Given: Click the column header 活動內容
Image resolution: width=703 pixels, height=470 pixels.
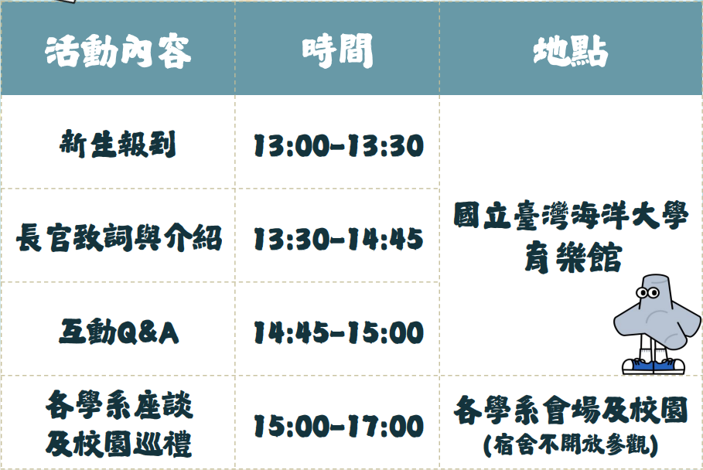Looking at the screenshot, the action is pyautogui.click(x=118, y=51).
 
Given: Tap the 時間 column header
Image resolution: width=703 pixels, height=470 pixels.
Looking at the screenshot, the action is pyautogui.click(x=337, y=51).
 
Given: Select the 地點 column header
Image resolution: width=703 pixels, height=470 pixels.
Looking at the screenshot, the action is pyautogui.click(x=570, y=51).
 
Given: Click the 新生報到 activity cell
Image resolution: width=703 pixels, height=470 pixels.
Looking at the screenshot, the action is pyautogui.click(x=118, y=145).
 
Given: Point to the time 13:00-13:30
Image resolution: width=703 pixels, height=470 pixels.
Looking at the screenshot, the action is pyautogui.click(x=339, y=145).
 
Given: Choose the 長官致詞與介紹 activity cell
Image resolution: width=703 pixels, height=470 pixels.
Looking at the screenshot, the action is pyautogui.click(x=119, y=238).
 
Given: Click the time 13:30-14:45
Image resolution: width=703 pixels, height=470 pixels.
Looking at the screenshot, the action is pyautogui.click(x=339, y=239).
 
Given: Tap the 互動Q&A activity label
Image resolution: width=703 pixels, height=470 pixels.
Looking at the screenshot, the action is pyautogui.click(x=119, y=332).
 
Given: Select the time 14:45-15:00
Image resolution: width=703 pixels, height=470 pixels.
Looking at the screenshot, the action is pyautogui.click(x=339, y=332).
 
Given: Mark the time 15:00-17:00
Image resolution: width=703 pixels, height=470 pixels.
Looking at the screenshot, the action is pyautogui.click(x=339, y=426).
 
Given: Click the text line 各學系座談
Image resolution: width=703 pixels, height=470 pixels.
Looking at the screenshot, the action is pyautogui.click(x=119, y=404).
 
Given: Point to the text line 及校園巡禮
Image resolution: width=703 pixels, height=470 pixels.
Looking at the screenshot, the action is pyautogui.click(x=119, y=444).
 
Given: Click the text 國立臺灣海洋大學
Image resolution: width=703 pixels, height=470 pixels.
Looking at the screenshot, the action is pyautogui.click(x=570, y=216).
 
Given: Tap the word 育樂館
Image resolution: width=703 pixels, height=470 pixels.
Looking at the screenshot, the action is pyautogui.click(x=573, y=257).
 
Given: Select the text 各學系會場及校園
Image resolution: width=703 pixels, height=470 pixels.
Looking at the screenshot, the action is pyautogui.click(x=570, y=410).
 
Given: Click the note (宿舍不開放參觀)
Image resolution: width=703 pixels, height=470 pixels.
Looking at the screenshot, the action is pyautogui.click(x=570, y=445).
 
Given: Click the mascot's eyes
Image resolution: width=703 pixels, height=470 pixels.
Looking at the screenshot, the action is pyautogui.click(x=648, y=294).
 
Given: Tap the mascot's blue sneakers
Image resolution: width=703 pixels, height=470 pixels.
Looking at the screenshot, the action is pyautogui.click(x=654, y=366).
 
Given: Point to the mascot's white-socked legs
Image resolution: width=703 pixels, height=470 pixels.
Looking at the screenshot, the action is pyautogui.click(x=651, y=349).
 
